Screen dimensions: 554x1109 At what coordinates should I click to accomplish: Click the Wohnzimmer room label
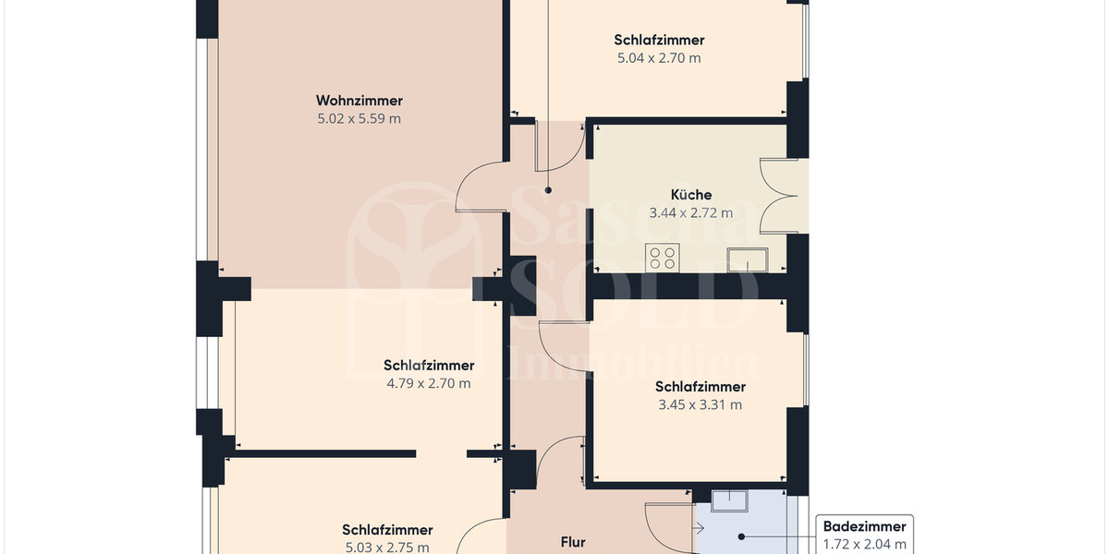[x=360, y=101]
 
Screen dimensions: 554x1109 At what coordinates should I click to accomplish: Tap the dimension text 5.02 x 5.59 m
[x=360, y=118]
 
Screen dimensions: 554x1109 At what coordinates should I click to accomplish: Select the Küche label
[x=691, y=195]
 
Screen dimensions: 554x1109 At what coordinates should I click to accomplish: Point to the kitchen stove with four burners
[x=663, y=257]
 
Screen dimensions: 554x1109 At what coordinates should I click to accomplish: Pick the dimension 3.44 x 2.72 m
[x=691, y=212]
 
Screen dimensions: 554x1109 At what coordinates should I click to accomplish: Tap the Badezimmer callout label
[x=864, y=527]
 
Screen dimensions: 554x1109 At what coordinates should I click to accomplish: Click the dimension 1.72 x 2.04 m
[x=864, y=544]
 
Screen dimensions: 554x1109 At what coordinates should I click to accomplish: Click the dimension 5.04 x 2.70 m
[x=659, y=57]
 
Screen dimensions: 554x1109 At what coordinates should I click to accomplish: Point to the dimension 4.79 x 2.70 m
[x=429, y=383]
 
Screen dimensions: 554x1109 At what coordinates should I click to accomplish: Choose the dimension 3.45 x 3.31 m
[x=700, y=404]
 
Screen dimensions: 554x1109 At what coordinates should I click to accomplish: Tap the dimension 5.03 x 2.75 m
[x=386, y=547]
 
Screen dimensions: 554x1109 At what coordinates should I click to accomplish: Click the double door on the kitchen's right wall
[x=776, y=195]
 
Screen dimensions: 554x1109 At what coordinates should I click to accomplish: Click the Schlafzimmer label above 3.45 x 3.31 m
[x=700, y=387]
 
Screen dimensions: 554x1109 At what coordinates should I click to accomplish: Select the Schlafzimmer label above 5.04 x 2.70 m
[x=659, y=40]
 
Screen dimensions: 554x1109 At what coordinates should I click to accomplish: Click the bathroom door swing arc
[x=667, y=526]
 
